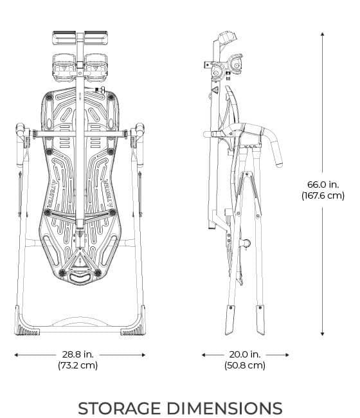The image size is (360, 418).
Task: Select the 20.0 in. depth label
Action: tap(245, 354)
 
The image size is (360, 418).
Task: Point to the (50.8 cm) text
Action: tap(245, 365)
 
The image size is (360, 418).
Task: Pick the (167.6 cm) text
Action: tap(323, 196)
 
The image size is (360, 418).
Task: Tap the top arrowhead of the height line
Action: tap(323, 32)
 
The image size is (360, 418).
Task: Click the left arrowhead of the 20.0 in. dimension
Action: tap(204, 354)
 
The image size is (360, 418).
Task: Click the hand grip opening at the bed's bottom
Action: tap(80, 278)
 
